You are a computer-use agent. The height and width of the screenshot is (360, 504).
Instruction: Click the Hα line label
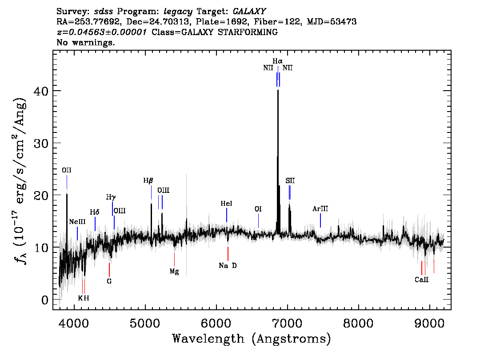(x=277, y=61)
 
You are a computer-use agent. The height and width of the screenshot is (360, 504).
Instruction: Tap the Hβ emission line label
(x=148, y=180)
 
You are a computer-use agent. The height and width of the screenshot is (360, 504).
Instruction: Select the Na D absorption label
(x=228, y=265)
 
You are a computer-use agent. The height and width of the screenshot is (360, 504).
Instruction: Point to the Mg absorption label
(x=174, y=271)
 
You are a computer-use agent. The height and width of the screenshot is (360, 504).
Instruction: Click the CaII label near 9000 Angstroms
(x=421, y=280)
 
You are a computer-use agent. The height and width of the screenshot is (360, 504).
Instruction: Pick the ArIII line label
(x=320, y=209)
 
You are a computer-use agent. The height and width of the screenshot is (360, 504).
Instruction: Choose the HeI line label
(x=226, y=204)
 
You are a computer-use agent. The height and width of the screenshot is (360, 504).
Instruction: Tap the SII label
(x=290, y=180)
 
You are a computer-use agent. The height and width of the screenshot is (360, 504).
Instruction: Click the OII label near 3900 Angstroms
(x=67, y=170)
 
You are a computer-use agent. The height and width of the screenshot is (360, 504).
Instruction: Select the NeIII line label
(x=77, y=222)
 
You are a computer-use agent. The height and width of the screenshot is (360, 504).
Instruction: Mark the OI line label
(x=258, y=209)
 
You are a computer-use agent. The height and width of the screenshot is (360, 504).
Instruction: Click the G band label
(x=109, y=281)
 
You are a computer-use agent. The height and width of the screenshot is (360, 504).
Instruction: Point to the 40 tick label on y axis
(x=41, y=91)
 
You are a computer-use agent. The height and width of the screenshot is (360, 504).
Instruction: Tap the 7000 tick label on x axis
(x=287, y=323)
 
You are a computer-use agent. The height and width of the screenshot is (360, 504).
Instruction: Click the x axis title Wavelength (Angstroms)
(x=252, y=339)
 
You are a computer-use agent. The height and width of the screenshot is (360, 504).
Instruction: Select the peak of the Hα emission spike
(x=278, y=90)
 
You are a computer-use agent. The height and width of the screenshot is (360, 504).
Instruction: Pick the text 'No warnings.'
(x=85, y=42)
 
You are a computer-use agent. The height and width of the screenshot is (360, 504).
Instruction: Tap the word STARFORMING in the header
(x=248, y=32)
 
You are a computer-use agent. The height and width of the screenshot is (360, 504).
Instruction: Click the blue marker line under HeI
(x=227, y=215)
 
